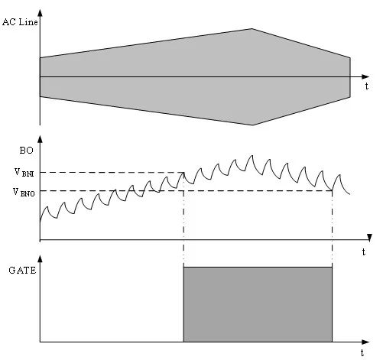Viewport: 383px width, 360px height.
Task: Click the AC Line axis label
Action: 20,22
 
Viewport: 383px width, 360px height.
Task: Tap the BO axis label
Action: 27,151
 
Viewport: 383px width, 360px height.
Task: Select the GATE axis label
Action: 22,270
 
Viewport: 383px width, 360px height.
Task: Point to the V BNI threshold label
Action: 24,173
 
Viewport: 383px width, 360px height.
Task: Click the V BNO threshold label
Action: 24,192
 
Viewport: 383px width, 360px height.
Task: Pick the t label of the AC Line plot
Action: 366,86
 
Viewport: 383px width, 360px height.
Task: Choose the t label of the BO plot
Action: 364,252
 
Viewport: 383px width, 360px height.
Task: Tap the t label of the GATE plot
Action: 362,353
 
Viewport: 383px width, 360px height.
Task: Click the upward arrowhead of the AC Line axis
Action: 40,13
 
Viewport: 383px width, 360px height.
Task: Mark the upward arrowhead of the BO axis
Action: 40,139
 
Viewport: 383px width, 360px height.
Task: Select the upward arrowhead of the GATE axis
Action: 40,258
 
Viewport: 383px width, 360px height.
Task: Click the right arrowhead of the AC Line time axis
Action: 365,76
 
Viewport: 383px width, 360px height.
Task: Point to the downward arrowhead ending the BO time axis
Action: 370,238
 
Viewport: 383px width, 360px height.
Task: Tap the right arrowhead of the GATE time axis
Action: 365,342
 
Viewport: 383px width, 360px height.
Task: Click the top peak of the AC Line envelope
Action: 252,29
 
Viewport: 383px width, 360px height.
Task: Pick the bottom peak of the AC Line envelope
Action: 252,125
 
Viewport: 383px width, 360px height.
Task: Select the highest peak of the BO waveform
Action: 252,155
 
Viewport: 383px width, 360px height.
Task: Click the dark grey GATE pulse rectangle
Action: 258,304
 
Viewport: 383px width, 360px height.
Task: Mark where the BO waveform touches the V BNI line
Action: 183,173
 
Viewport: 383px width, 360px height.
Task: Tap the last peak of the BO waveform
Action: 339,175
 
